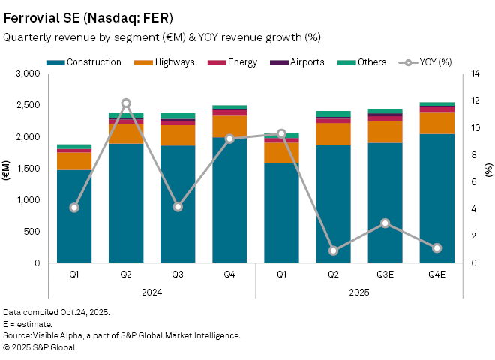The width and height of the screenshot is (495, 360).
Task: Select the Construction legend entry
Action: pos(88,62)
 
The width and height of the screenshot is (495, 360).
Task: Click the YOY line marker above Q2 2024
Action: pos(126,103)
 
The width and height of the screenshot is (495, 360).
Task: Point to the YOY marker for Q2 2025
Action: pos(333,250)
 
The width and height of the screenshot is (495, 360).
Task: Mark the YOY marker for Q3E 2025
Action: pos(385,223)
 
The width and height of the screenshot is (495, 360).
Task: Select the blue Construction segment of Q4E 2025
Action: pos(436,199)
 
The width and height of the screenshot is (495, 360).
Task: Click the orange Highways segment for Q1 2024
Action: pos(74,161)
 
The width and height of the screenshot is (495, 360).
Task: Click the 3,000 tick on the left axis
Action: pos(27,74)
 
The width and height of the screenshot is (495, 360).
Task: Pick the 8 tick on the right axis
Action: pos(473,155)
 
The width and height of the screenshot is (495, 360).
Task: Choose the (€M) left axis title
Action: pos(6,169)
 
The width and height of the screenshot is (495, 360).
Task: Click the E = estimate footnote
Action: pos(27,323)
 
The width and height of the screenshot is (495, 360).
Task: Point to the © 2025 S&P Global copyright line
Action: pos(40,347)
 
